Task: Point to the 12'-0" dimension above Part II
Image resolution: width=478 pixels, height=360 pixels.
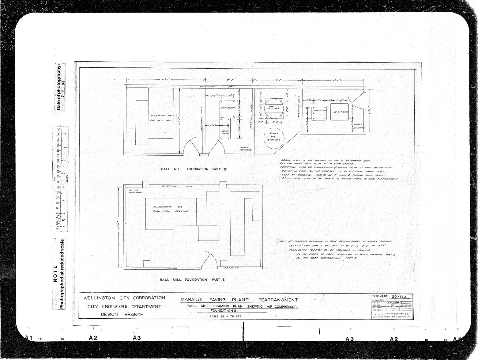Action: [165, 80]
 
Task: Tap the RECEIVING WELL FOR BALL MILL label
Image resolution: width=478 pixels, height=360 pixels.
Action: [162, 118]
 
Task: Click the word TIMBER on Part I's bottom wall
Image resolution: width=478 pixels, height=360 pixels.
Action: [172, 268]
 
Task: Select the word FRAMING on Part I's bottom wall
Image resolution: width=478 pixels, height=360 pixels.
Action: [231, 268]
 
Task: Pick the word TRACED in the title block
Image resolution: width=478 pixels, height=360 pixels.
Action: [377, 305]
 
